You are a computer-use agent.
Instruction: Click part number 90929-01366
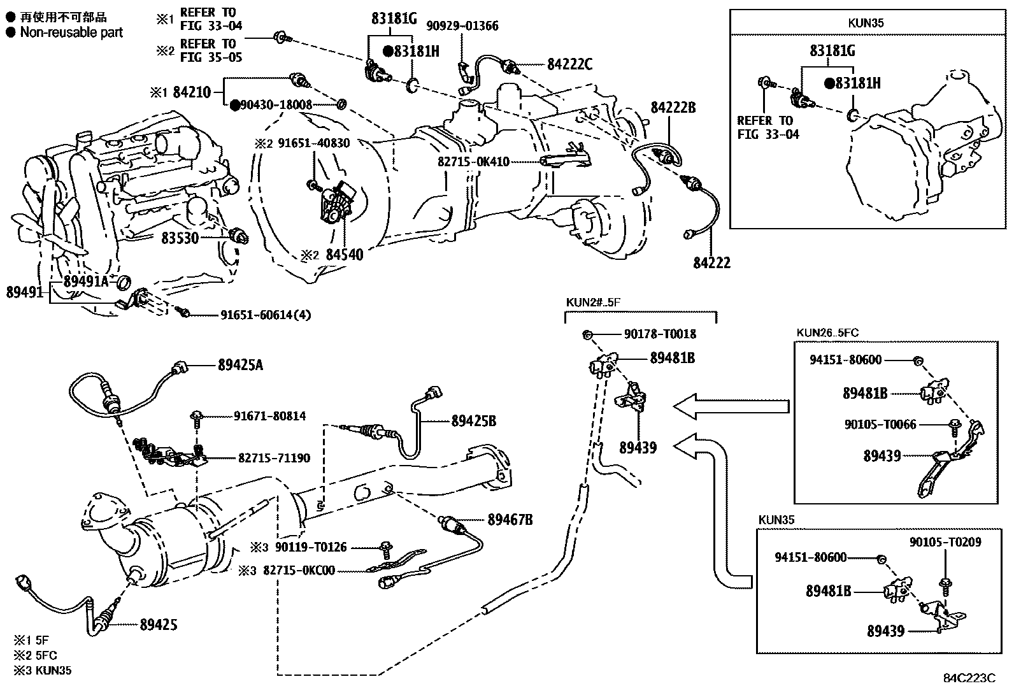[462, 26]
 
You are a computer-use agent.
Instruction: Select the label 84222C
[569, 64]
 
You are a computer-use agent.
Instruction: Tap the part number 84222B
[673, 108]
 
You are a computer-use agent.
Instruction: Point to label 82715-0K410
[473, 162]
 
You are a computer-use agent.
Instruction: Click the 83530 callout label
[180, 238]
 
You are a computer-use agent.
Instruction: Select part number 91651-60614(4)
[266, 315]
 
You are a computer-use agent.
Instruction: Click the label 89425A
[240, 365]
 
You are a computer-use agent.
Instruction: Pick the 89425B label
[473, 421]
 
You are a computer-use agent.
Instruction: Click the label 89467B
[510, 520]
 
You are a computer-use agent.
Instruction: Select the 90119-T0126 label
[311, 547]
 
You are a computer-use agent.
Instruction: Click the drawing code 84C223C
[969, 678]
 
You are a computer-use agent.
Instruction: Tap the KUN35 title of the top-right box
[866, 23]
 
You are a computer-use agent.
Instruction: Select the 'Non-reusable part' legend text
[71, 32]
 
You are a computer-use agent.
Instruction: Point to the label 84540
[344, 255]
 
